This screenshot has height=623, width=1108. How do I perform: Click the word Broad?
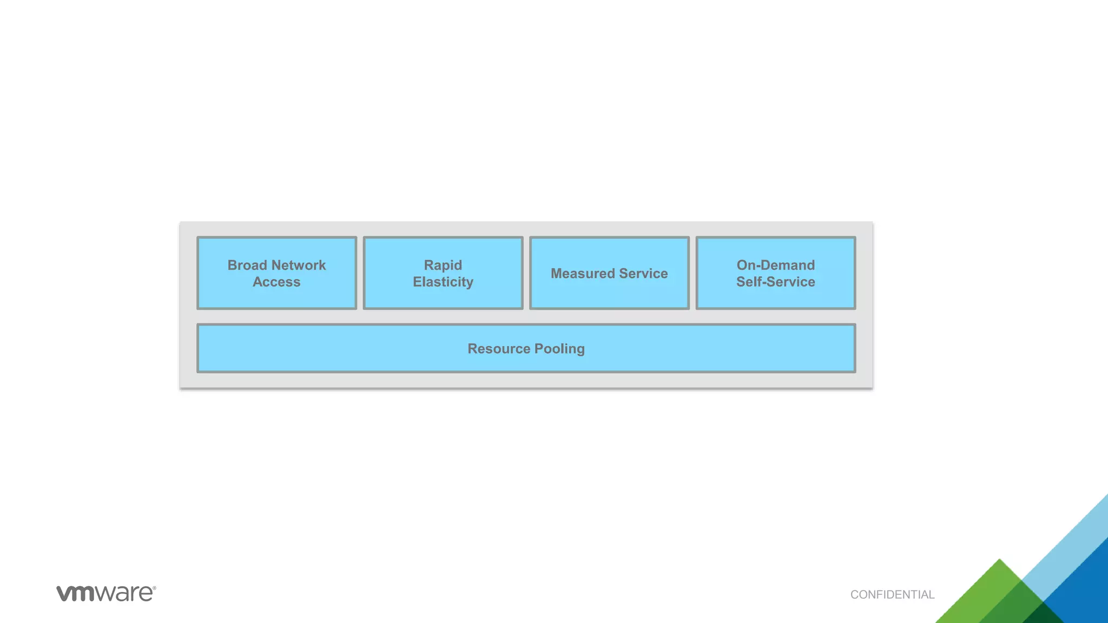(247, 265)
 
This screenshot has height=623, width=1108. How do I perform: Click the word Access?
(276, 282)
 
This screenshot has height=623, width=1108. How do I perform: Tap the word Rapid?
(443, 265)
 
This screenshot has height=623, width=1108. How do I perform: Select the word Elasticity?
(443, 282)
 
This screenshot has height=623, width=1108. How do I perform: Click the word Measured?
(583, 274)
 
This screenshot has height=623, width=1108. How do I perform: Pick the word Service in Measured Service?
(643, 274)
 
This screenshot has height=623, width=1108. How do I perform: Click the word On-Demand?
(775, 265)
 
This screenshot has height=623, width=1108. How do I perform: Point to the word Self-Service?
(775, 282)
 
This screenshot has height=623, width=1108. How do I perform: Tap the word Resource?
(498, 349)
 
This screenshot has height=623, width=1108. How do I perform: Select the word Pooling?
(559, 349)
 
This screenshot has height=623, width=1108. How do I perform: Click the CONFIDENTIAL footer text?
(892, 595)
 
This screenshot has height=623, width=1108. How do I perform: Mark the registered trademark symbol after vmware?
(154, 588)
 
